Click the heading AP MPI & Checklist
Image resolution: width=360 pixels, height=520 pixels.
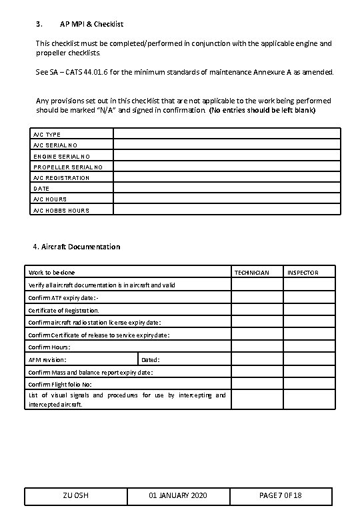point(91,24)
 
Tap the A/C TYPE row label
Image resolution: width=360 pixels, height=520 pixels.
point(47,135)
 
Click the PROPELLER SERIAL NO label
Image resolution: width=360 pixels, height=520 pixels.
point(68,167)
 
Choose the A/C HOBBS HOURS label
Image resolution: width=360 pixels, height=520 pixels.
point(61,210)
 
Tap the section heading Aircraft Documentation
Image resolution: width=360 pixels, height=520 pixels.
point(81,247)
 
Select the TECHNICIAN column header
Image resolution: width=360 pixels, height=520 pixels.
point(251,273)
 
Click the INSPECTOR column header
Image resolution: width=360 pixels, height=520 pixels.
point(303,273)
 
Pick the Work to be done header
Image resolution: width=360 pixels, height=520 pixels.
point(52,273)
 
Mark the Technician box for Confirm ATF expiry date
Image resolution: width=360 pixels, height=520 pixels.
point(257,297)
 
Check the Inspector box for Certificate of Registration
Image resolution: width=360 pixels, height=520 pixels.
point(309,310)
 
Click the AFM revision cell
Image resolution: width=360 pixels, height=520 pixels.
point(81,360)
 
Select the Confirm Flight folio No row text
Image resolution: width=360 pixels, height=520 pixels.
point(61,385)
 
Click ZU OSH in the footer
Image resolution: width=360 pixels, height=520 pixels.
point(76,496)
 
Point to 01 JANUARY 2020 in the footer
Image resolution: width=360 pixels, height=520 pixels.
point(177,496)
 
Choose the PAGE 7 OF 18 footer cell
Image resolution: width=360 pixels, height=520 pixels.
point(280,496)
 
